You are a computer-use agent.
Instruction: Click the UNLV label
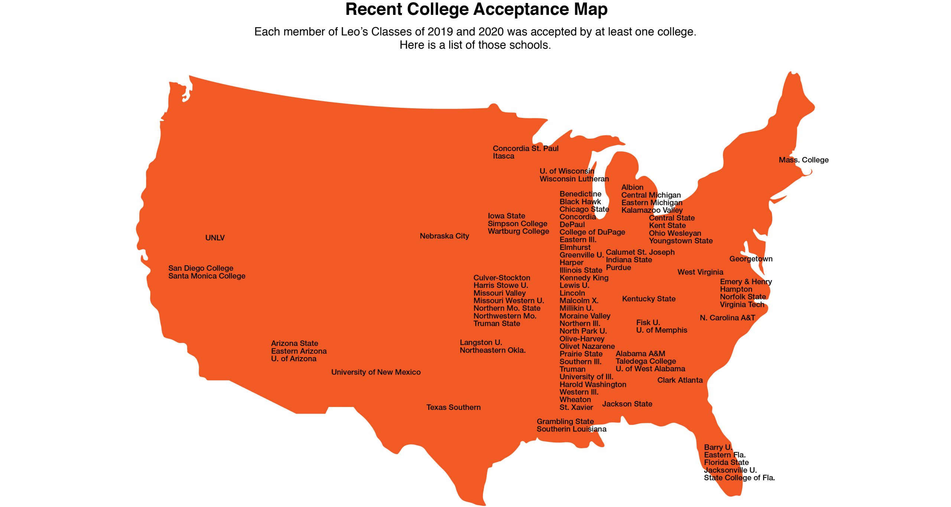pos(215,238)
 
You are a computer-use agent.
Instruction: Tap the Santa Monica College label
pos(207,276)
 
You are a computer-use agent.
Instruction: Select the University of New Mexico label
pos(376,372)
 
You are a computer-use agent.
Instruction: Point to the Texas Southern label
pos(453,407)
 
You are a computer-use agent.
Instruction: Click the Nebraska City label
pos(444,236)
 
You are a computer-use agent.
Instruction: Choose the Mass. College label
pos(804,160)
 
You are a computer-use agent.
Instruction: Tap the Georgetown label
pos(751,259)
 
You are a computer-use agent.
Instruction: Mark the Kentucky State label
pos(649,299)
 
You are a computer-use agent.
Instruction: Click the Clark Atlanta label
pos(680,380)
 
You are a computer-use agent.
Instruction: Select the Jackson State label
pos(627,404)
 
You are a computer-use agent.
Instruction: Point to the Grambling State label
pos(565,421)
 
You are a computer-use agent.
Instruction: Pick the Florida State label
pos(726,462)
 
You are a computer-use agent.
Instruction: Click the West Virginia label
pos(700,272)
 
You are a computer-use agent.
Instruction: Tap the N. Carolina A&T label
pos(727,318)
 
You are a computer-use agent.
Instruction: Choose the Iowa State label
pos(506,216)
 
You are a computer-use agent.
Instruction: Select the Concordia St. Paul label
pos(525,148)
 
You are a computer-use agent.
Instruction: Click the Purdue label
pos(618,267)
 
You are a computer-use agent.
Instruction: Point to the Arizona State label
pos(294,343)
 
